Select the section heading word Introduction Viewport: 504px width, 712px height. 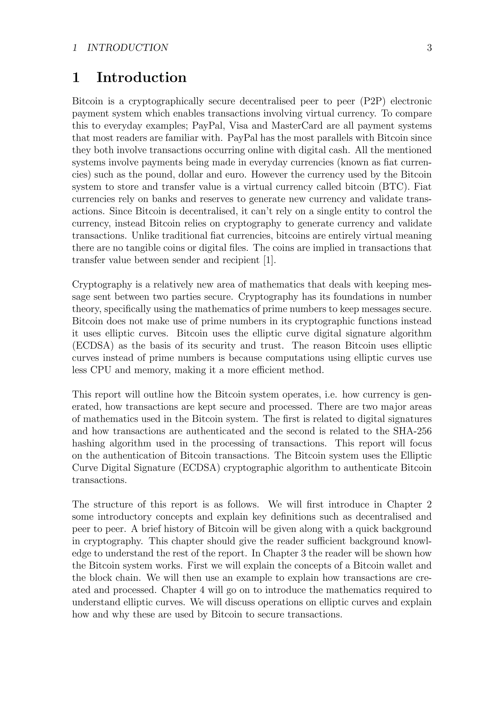pyautogui.click(x=142, y=77)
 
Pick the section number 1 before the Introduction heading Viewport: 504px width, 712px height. pyautogui.click(x=76, y=77)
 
